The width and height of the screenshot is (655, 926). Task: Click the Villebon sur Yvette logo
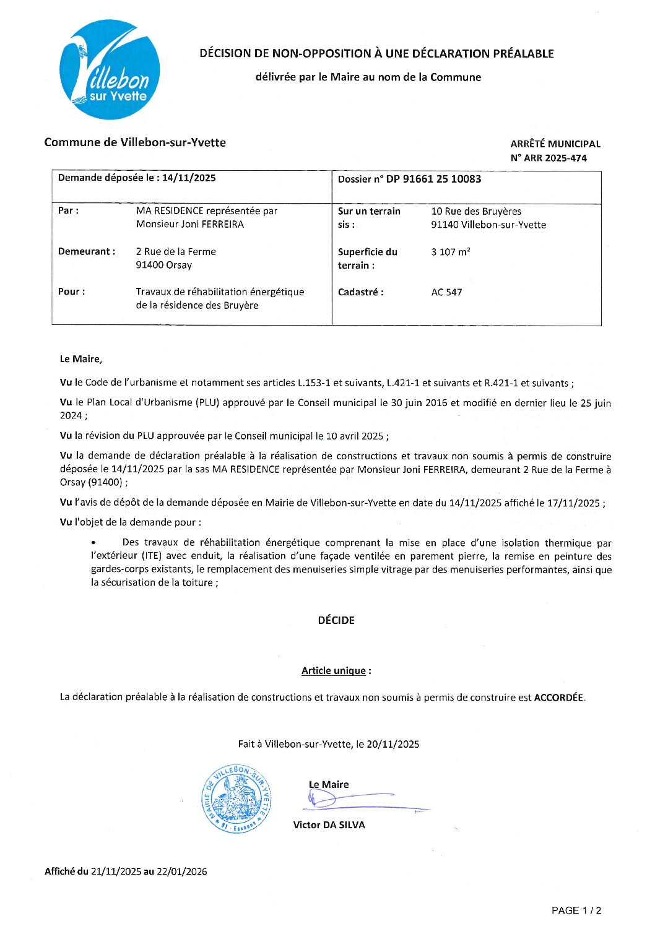point(110,69)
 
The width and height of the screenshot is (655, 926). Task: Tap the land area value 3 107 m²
point(451,252)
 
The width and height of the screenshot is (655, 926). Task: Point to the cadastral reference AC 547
point(446,292)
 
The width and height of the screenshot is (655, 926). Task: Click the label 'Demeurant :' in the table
point(87,251)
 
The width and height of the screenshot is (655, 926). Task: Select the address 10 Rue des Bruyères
point(476,211)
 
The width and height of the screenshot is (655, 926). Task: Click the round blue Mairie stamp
point(236,798)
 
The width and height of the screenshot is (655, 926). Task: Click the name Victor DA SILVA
point(329,824)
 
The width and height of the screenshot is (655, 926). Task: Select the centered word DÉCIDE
point(336,620)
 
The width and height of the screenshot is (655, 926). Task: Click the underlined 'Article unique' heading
point(334,670)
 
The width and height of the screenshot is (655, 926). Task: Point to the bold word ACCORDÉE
point(558,697)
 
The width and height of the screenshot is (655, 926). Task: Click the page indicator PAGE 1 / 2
point(576,910)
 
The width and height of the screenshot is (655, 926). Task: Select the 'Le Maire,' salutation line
point(81,359)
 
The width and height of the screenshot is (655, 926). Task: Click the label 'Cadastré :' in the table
point(360,292)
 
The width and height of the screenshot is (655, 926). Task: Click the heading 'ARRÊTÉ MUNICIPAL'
point(555,144)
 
